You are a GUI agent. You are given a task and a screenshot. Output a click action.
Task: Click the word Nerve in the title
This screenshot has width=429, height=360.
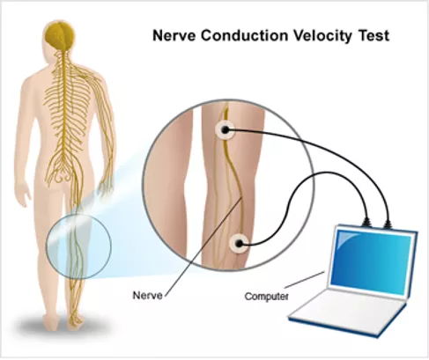(x=174, y=36)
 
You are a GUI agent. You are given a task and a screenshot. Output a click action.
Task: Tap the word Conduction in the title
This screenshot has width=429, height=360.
(x=244, y=36)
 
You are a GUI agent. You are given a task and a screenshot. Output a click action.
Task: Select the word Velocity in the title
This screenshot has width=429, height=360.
(x=322, y=36)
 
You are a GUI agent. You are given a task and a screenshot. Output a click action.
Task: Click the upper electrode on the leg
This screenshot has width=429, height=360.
(x=225, y=130)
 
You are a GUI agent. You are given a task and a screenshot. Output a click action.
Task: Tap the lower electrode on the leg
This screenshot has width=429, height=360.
(x=240, y=243)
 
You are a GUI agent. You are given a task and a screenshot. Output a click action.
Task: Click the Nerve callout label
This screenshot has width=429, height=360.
(x=147, y=295)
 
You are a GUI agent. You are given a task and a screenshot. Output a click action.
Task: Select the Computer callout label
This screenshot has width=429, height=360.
(x=266, y=297)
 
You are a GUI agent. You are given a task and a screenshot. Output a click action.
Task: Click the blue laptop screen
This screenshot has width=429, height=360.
(x=371, y=261)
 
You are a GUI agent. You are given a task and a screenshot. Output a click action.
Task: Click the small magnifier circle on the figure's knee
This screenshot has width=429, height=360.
(x=78, y=246)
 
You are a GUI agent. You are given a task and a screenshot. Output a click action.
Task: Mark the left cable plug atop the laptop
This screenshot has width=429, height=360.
(x=366, y=223)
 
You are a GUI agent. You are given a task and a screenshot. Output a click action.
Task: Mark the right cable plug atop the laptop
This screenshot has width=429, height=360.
(x=388, y=223)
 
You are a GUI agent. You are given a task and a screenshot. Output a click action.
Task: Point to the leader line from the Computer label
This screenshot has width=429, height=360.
(x=305, y=280)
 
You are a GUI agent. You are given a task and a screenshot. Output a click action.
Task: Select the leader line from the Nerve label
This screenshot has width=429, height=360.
(x=203, y=246)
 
